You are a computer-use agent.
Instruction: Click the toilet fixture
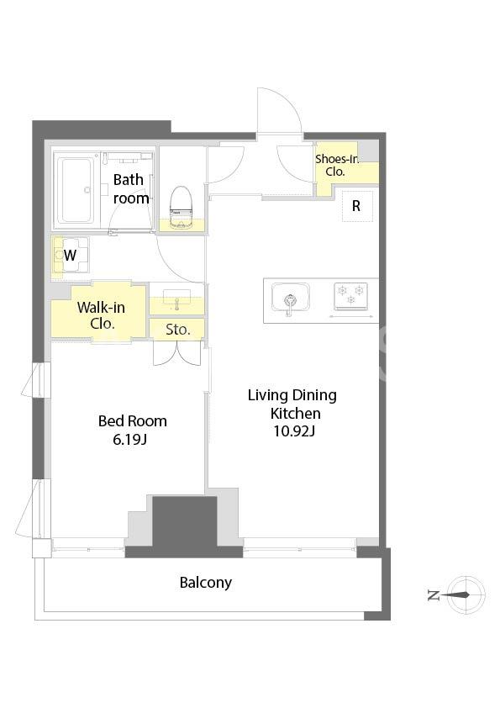click(x=181, y=207)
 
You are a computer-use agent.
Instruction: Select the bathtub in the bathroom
click(x=76, y=190)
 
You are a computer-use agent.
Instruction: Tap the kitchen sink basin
click(x=290, y=297)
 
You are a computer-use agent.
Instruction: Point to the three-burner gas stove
click(x=350, y=296)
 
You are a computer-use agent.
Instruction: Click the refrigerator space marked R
click(x=357, y=206)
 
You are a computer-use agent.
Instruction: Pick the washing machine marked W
click(x=71, y=255)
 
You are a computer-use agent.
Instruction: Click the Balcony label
click(x=206, y=583)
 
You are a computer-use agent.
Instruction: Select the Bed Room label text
click(x=133, y=421)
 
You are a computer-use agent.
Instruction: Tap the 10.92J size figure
click(x=294, y=431)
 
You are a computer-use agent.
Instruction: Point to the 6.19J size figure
click(x=130, y=439)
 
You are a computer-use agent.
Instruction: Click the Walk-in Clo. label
click(x=101, y=315)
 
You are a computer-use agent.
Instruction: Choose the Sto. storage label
click(x=178, y=330)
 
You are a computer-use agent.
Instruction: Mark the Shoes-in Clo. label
click(x=337, y=165)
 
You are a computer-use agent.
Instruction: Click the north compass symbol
click(x=467, y=595)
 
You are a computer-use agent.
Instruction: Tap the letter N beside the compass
click(x=434, y=596)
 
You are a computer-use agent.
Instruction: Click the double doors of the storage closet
click(x=177, y=352)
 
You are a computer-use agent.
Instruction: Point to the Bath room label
click(x=131, y=188)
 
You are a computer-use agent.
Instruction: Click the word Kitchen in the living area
click(x=296, y=413)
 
